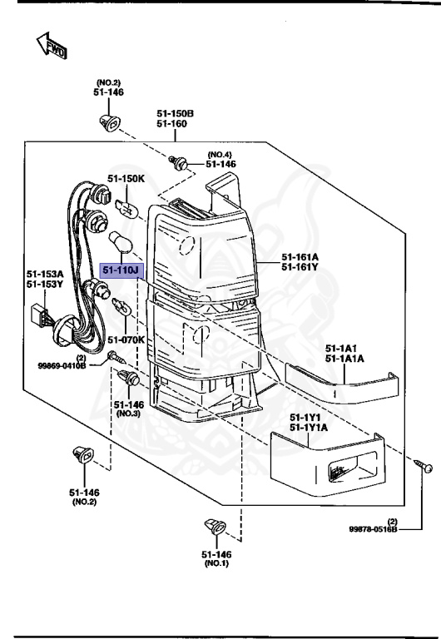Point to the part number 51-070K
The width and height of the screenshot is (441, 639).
pyautogui.click(x=126, y=339)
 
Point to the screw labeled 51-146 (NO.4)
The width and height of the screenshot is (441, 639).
pyautogui.click(x=177, y=162)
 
